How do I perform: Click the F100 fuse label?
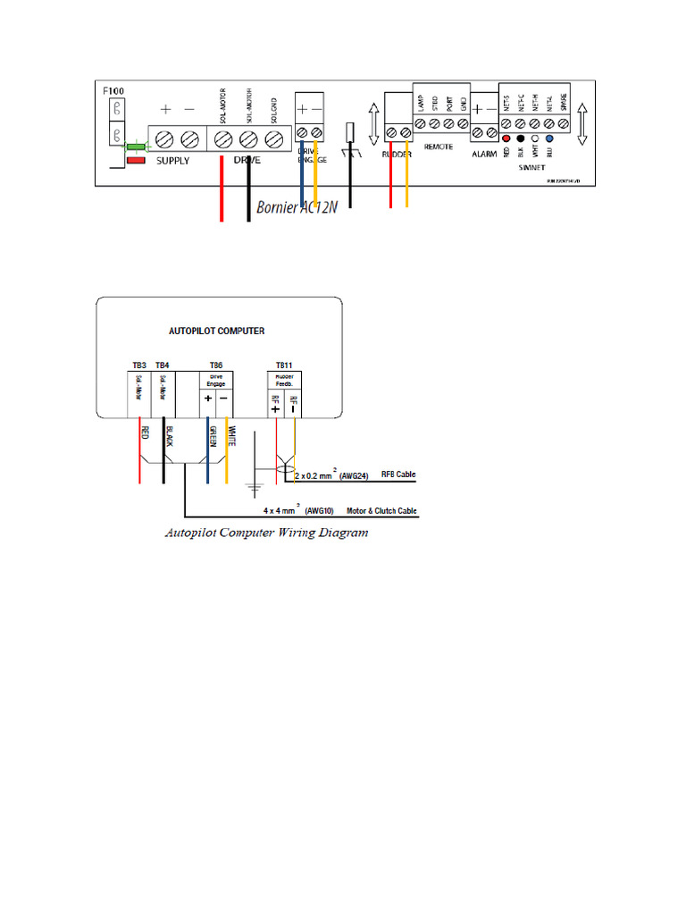coord(113,91)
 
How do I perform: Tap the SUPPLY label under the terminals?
coord(176,161)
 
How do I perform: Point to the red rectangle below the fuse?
coord(137,161)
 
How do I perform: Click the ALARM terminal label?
coord(484,154)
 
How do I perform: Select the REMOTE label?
coord(439,145)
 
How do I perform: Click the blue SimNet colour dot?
coord(549,139)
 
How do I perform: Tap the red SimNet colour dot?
coord(506,139)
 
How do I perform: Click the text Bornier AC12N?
coord(297,208)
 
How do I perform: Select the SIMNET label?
coord(534,166)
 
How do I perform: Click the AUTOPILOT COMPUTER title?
coord(216,330)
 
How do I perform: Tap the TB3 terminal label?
coord(139,365)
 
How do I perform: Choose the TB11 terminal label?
coord(283,365)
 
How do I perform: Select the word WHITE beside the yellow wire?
coord(232,435)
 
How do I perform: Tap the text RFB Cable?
coord(398,474)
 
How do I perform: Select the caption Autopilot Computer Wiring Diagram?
coord(267,533)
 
